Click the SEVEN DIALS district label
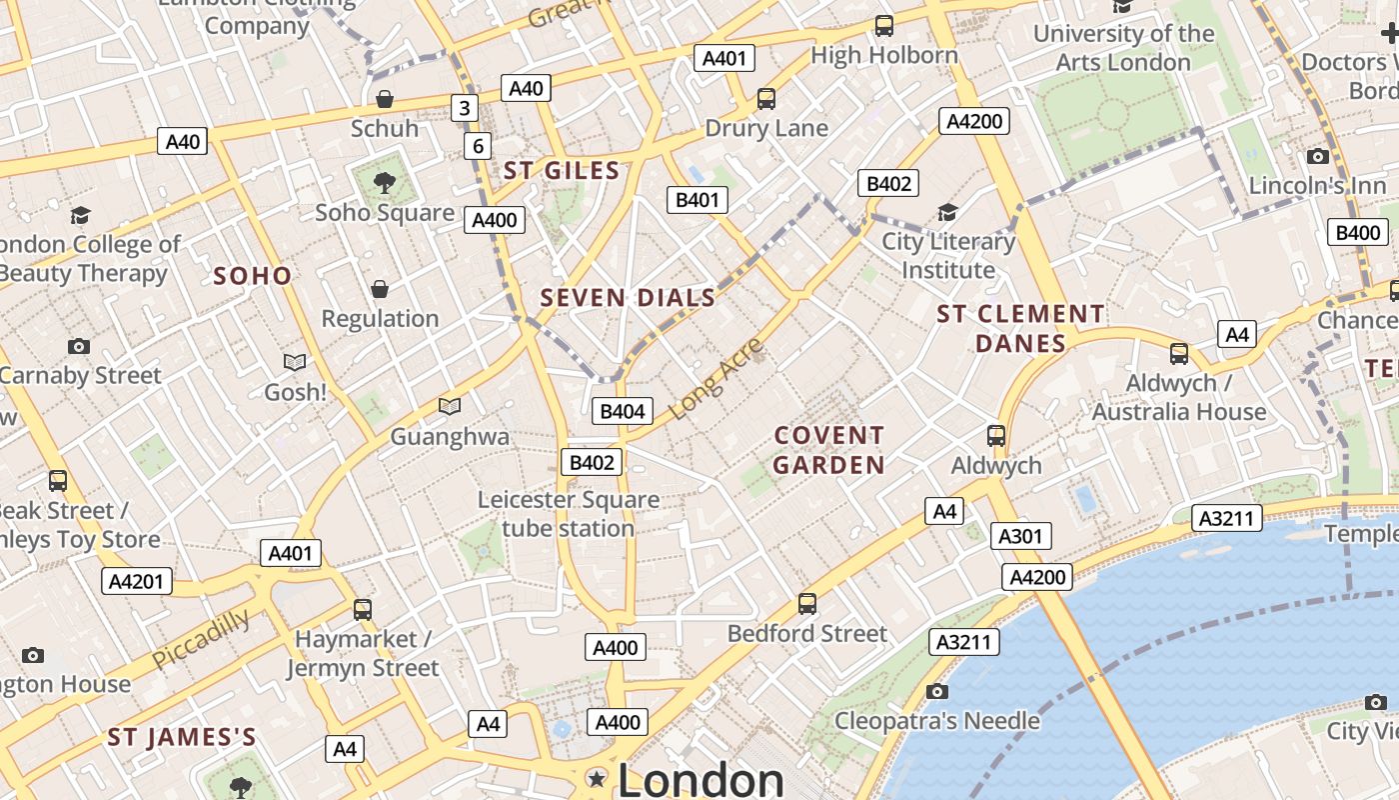tap(628, 297)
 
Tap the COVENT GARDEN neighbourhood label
tap(828, 450)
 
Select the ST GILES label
tap(562, 171)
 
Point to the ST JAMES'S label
tap(182, 738)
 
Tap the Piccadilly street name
tap(202, 640)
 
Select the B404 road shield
tap(622, 411)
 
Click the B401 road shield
tap(698, 199)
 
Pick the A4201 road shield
tap(137, 581)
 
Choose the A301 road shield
tap(1020, 536)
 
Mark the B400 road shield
tap(1358, 233)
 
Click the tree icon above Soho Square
tap(384, 182)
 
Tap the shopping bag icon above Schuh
tap(385, 99)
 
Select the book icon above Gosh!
tap(295, 362)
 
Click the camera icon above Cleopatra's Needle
tap(936, 691)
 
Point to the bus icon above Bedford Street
tap(807, 604)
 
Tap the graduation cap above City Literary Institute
tap(947, 212)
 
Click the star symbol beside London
tap(598, 778)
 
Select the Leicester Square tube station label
tap(568, 513)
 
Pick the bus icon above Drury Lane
tap(766, 99)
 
